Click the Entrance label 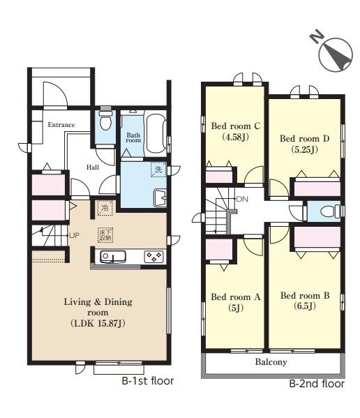[61, 124]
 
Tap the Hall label [93, 167]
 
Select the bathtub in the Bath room [156, 135]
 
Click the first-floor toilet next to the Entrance [105, 121]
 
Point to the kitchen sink [113, 257]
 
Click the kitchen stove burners [153, 257]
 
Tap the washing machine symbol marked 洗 [158, 170]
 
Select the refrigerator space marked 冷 [105, 208]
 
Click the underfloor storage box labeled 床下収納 [105, 235]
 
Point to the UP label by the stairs [74, 235]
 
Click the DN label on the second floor [242, 199]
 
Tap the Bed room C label [236, 126]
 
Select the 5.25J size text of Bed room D [304, 149]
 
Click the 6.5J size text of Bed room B [305, 306]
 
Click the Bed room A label [236, 297]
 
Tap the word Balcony [271, 361]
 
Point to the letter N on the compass [317, 36]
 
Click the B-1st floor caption [148, 381]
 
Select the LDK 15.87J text [98, 323]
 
